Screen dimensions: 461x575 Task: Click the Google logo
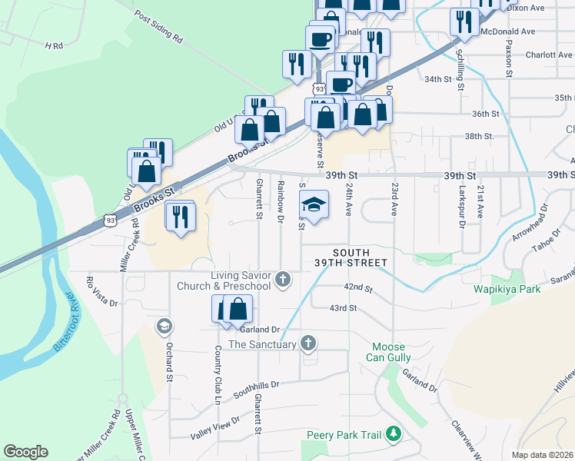pos(25,452)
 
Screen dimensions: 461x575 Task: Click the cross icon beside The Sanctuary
pos(307,343)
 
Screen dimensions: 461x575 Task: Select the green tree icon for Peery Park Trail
pos(394,435)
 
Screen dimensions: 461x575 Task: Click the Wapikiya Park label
pos(507,290)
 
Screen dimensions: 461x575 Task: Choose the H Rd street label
pos(53,46)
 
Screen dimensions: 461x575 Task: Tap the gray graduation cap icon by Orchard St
pos(163,327)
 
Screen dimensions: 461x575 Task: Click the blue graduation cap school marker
pos(313,204)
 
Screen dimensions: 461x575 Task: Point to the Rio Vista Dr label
pos(103,291)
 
